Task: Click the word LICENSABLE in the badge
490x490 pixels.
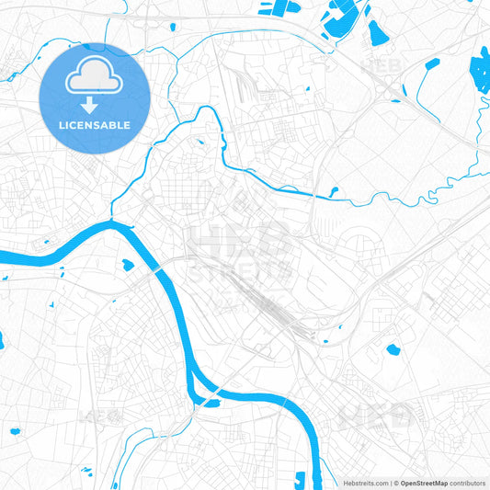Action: (x=95, y=125)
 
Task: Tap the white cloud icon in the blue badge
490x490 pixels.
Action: (x=95, y=79)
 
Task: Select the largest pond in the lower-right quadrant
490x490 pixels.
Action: (x=393, y=349)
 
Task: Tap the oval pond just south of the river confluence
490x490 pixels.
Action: (x=128, y=266)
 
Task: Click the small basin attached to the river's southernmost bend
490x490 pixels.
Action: (x=212, y=402)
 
